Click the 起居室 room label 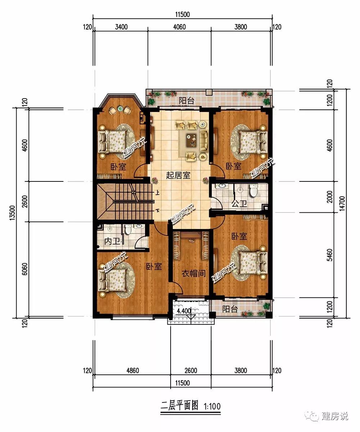coord(178,175)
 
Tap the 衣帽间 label coord(193,274)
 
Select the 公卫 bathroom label coord(239,204)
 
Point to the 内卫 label coord(112,241)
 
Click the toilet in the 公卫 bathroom coord(253,190)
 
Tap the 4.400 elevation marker coord(184,311)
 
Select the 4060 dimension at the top coord(179,27)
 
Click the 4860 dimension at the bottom coord(132,370)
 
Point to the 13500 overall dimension coord(12,213)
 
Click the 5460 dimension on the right coord(330,255)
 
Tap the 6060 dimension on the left coord(24,269)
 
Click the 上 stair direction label coord(157,193)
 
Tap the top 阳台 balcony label coord(186,101)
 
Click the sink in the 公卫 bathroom coord(222,186)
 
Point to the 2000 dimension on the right coord(330,197)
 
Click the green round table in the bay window coord(120,108)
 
